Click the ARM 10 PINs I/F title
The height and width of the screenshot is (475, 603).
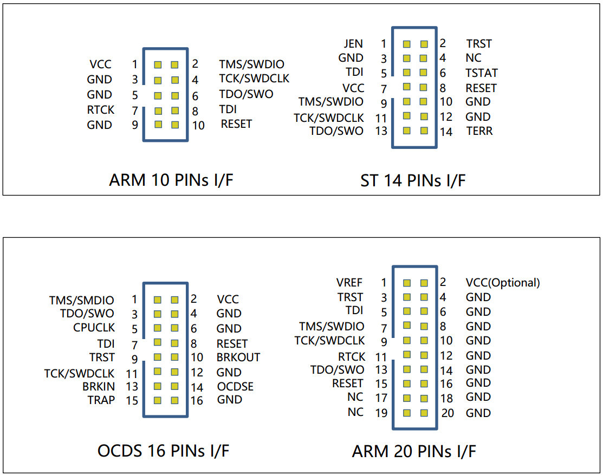point(171,180)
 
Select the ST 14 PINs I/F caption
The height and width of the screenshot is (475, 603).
point(413,180)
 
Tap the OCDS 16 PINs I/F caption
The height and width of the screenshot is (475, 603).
point(164,450)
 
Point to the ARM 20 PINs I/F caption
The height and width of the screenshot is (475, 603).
point(414,451)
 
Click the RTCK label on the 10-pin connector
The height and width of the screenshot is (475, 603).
point(101,110)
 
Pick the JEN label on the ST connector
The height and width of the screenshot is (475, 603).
point(353,43)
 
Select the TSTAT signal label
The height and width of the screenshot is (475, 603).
point(481,73)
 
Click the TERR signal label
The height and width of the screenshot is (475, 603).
point(479,131)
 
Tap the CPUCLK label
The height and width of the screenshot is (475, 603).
point(94,328)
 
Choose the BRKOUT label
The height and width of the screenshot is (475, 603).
point(238,357)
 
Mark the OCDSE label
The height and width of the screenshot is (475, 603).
point(235,387)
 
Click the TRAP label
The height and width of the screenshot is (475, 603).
point(101,400)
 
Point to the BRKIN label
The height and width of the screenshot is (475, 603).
point(99,386)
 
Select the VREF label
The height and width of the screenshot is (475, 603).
point(349,282)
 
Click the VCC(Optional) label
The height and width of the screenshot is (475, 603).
point(503,282)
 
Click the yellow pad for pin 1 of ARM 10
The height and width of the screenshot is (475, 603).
point(158,65)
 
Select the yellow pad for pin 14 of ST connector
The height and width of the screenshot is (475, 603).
point(424,131)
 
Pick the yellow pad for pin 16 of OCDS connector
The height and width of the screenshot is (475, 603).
point(174,401)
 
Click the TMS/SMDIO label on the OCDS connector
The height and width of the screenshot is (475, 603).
point(82,300)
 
